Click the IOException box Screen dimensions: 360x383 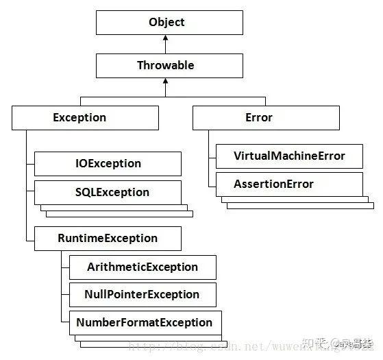108,164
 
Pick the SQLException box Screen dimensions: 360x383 108,192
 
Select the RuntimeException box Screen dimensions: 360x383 108,238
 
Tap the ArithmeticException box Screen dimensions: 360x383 143,267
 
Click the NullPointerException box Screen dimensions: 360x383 143,294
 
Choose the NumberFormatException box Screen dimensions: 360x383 144,322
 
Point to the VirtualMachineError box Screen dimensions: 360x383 288,156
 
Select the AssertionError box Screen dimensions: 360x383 288,184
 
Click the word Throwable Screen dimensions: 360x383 165,65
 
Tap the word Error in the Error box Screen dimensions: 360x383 258,117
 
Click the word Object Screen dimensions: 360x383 166,22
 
